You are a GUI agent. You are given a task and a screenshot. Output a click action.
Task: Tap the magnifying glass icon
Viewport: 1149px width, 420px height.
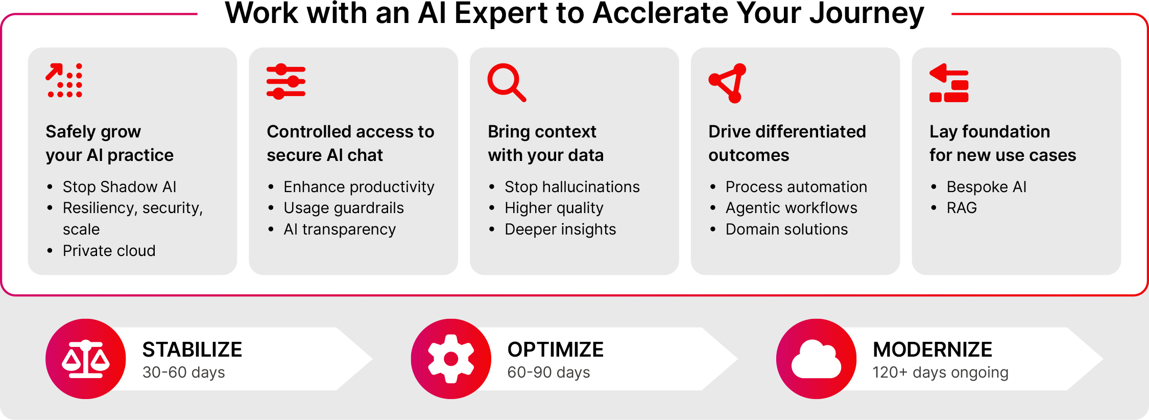(506, 82)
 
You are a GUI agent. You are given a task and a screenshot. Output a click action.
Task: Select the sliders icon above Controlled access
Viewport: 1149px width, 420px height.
(285, 82)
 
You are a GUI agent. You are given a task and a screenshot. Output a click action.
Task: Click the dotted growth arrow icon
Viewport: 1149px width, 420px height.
(64, 80)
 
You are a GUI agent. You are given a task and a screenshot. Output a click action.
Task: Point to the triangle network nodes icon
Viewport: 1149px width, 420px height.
(728, 82)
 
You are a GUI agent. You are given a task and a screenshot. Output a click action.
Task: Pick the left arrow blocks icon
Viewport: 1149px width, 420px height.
(949, 83)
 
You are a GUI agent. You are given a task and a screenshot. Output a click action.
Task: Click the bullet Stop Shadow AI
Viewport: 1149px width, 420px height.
(119, 187)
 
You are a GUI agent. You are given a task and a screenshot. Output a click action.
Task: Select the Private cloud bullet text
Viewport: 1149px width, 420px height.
(109, 251)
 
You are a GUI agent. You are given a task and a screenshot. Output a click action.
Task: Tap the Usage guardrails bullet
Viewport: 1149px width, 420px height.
(343, 208)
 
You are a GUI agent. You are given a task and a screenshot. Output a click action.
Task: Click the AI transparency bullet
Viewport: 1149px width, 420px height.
(340, 229)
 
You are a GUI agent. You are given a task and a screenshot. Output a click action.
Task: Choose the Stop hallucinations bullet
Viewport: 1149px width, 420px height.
(571, 187)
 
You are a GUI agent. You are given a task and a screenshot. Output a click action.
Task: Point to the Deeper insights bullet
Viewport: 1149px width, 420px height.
(560, 229)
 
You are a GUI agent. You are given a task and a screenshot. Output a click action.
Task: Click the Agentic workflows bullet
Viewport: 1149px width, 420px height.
(791, 208)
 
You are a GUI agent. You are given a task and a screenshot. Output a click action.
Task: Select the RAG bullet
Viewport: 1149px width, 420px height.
(961, 208)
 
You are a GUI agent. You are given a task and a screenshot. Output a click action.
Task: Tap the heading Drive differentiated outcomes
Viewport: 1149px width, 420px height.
(786, 143)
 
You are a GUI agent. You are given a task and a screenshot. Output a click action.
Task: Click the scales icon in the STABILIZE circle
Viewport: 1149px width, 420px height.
(86, 359)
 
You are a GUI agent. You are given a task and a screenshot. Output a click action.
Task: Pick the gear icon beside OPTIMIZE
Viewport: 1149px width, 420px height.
(451, 359)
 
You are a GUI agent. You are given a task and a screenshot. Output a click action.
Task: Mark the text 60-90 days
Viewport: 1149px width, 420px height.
(548, 372)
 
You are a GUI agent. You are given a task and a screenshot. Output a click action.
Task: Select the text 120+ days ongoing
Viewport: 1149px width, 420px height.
(940, 372)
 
